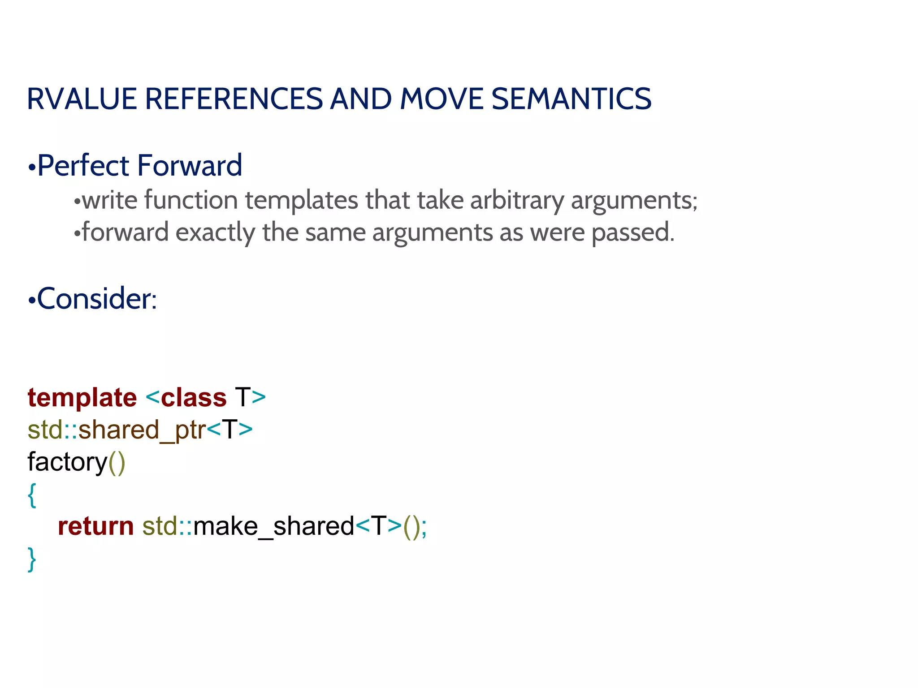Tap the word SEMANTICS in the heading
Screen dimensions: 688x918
tap(571, 99)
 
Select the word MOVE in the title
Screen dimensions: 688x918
tap(441, 99)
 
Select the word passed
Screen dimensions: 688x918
tap(632, 232)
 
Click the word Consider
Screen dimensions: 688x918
tap(96, 299)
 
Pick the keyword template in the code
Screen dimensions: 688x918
tap(82, 398)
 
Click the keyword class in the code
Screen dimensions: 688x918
tap(194, 398)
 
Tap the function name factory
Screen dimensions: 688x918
tap(68, 462)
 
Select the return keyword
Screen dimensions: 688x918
tap(96, 526)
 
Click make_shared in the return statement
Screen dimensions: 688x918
tap(274, 526)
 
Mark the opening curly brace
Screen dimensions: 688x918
tap(32, 495)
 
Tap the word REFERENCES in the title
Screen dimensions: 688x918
tap(234, 99)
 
